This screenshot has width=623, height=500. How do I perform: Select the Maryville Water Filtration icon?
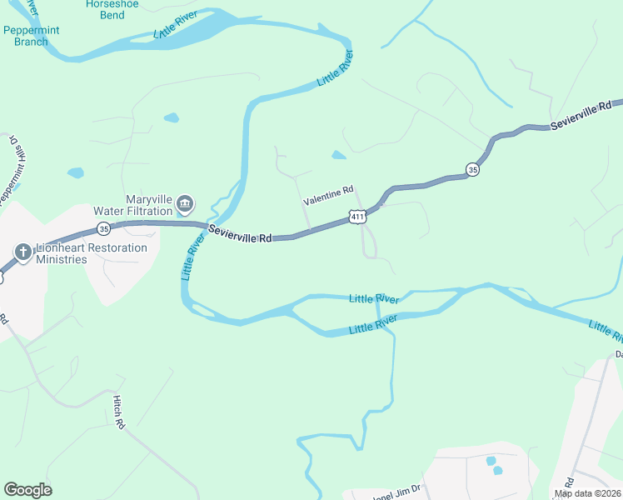185,203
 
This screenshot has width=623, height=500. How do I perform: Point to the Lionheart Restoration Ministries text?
91,253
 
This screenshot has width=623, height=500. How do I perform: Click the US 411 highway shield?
357,217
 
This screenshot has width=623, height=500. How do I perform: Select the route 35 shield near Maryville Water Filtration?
103,227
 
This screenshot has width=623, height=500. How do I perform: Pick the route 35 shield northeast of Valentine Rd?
472,168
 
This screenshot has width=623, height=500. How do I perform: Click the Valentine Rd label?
328,196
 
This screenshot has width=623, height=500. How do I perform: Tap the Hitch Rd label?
118,412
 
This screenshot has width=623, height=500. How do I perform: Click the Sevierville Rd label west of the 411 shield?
240,235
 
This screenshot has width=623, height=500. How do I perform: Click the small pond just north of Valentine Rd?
338,155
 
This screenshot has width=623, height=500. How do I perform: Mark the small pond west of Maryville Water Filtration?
76,173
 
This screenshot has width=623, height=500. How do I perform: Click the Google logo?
27,489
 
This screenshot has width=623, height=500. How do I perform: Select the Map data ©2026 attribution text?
586,493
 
